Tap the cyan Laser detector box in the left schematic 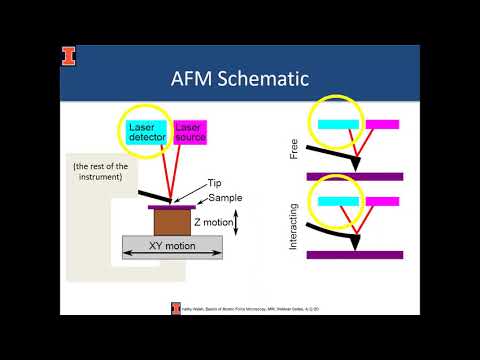(x=149, y=132)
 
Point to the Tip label (x=214, y=184)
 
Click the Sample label (x=225, y=199)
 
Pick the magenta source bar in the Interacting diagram (x=383, y=201)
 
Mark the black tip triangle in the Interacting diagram (x=357, y=239)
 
